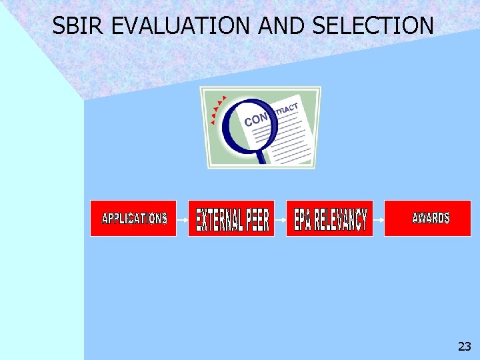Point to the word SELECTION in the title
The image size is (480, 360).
coord(373,26)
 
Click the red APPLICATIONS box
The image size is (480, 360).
coord(133,218)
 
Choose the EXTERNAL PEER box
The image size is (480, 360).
coord(231,218)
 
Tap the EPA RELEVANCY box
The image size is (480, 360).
coord(329,218)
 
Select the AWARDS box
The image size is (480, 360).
coord(427,218)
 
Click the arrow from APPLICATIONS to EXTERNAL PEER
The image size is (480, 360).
coord(182,218)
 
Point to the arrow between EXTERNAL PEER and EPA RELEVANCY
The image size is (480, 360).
coord(280,218)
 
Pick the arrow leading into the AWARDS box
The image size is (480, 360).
coord(378,218)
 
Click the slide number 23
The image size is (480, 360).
coord(464,346)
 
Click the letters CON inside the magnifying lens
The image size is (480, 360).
coord(256,119)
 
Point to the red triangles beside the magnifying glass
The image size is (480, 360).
coord(217,110)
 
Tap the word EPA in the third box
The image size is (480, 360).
coord(303,221)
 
